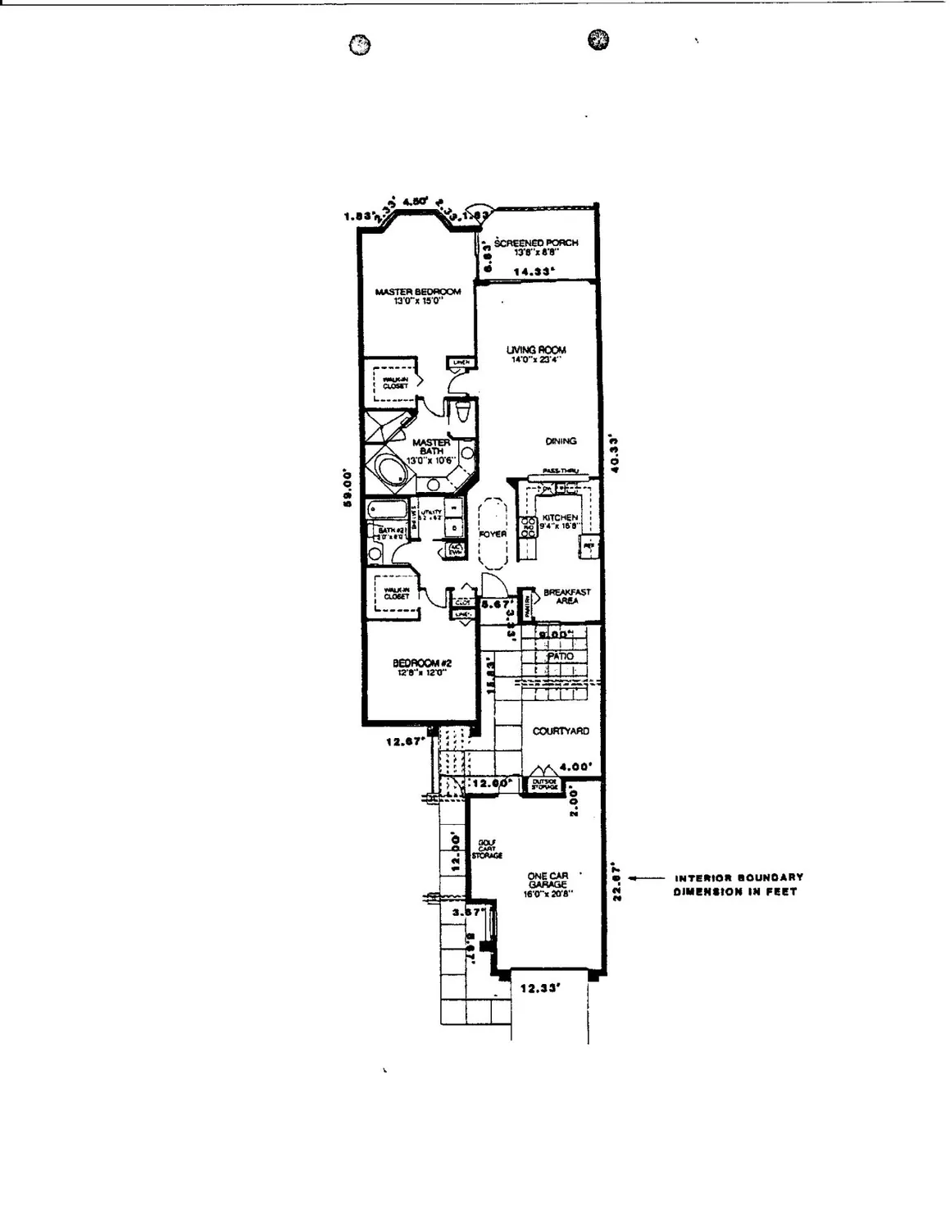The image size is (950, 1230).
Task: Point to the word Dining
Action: tap(561, 441)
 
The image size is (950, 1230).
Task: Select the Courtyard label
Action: tap(561, 731)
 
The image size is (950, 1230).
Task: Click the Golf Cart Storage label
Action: tap(486, 850)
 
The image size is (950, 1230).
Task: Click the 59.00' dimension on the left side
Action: tap(348, 488)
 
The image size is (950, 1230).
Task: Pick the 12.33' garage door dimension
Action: tap(539, 989)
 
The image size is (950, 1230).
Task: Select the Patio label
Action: tap(561, 657)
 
